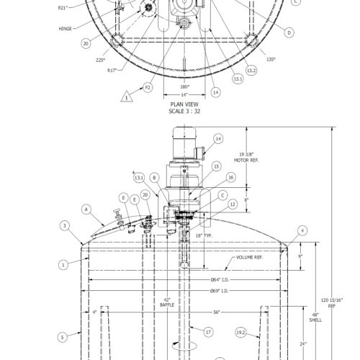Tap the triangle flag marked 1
[x=127, y=96]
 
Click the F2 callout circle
[x=148, y=87]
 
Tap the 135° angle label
[x=270, y=59]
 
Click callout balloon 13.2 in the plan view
[x=251, y=70]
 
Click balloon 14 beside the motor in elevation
[x=218, y=138]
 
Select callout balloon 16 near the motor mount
[x=230, y=176]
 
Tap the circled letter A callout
[x=86, y=210]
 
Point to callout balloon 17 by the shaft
[x=209, y=332]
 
